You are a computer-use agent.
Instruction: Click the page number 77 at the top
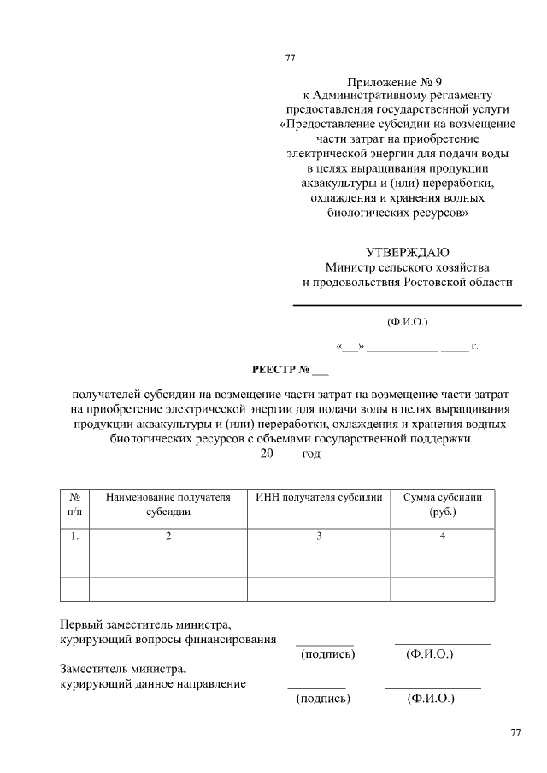tap(289, 59)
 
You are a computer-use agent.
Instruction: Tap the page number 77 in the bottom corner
tap(515, 734)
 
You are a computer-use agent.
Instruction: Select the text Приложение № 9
tap(398, 82)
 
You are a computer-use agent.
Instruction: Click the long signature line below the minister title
tap(407, 305)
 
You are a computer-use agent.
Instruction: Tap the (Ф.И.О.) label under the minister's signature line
tap(407, 322)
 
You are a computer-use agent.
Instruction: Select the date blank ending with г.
tap(407, 347)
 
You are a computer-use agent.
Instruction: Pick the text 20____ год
tap(290, 454)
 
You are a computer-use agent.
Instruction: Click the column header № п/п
tap(74, 504)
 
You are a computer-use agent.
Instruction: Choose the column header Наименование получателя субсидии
tap(168, 504)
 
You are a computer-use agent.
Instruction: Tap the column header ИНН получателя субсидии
tap(319, 496)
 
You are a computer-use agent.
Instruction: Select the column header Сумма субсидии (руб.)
tap(442, 504)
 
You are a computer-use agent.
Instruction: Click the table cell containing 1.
tap(74, 536)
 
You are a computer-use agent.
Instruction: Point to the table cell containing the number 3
tap(319, 536)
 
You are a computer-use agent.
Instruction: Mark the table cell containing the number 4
tap(442, 536)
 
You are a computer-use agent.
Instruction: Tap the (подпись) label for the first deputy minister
tap(327, 654)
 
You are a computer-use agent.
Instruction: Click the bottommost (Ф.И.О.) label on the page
tap(431, 699)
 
